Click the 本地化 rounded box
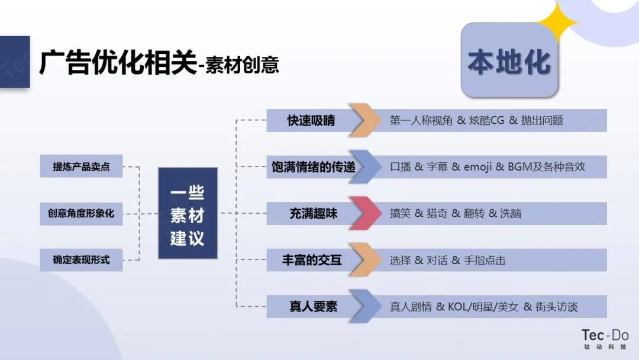(509, 60)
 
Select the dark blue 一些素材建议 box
(188, 213)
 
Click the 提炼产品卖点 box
(81, 166)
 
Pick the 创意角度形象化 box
(81, 213)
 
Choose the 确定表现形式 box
(81, 260)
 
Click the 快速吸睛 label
(311, 120)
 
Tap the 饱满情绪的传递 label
(313, 167)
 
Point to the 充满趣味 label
(314, 213)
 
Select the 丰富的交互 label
(312, 260)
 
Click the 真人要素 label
(314, 306)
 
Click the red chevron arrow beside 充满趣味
(366, 213)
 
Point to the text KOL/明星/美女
(483, 307)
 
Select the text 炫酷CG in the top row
(486, 120)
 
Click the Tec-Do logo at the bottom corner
(605, 339)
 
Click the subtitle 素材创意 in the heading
(242, 65)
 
